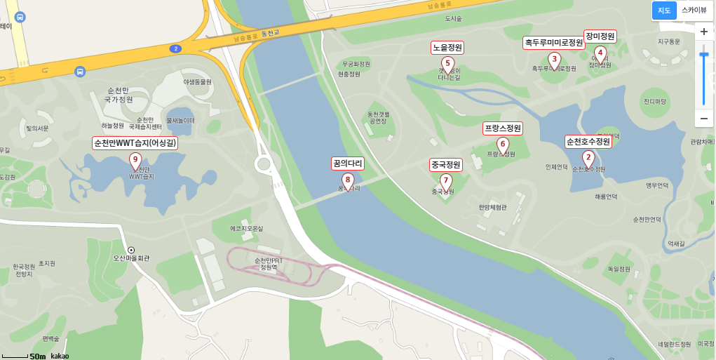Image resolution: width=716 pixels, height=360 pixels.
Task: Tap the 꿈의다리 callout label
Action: pos(348,164)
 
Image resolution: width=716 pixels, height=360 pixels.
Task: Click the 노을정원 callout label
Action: pos(447,48)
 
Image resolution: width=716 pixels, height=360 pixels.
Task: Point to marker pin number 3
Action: pos(554,59)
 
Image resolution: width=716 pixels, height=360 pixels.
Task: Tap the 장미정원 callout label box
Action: pos(600,36)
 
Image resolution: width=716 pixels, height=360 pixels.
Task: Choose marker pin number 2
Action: pos(588,158)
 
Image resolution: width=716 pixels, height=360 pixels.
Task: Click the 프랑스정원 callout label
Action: pos(503,128)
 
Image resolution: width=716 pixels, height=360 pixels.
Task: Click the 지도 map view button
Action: pos(664,11)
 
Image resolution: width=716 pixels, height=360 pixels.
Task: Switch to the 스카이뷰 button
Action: pos(694,11)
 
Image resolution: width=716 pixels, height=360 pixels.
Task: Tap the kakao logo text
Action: pos(60,356)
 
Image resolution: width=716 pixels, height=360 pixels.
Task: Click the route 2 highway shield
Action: pos(175,48)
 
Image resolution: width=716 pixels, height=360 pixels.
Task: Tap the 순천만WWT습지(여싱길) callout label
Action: pos(135,143)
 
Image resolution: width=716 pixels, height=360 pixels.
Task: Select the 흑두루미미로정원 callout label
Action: pos(554,43)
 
